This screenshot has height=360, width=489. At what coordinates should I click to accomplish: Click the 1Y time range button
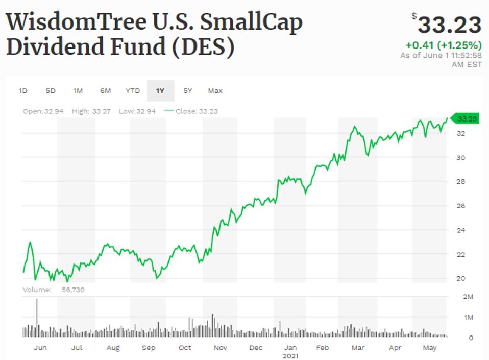[x=160, y=91]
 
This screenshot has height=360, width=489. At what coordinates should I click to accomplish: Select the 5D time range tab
[x=51, y=91]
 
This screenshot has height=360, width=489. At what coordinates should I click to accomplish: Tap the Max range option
[x=215, y=91]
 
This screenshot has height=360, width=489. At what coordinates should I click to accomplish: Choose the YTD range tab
[x=133, y=91]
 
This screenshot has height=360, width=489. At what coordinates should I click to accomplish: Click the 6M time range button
[x=105, y=91]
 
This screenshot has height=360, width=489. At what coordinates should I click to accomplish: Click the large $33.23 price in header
[x=449, y=25]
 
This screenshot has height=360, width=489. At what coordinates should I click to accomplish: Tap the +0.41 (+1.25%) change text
[x=444, y=45]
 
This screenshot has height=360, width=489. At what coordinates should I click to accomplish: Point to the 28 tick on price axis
[x=460, y=182]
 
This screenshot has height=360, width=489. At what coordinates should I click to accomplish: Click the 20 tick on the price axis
[x=460, y=278]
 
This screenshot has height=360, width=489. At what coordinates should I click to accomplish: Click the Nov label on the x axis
[x=220, y=348]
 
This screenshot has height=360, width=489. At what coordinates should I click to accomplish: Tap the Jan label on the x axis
[x=290, y=348]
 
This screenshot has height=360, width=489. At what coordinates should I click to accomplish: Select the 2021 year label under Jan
[x=290, y=355]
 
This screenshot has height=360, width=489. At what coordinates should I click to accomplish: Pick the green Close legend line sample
[x=168, y=111]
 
